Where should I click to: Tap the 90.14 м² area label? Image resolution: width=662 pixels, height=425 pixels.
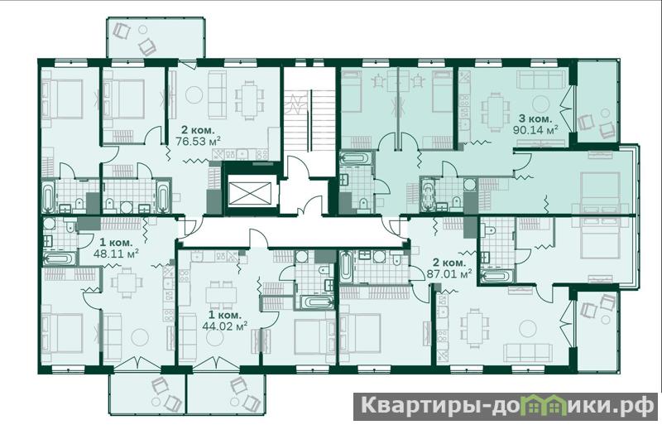pos(535,129)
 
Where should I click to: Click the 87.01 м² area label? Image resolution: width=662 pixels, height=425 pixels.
pos(449,273)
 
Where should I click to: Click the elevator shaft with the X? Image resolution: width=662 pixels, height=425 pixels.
pos(250,193)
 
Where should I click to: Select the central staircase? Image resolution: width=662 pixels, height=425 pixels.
pos(309,120)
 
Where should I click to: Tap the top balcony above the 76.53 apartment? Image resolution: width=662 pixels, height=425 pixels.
pos(156,38)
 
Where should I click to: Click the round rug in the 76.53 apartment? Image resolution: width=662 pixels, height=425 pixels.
pos(194,94)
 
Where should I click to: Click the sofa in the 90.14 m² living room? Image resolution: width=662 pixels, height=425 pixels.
pos(542,80)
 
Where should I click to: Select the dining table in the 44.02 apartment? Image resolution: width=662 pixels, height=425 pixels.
pos(221,294)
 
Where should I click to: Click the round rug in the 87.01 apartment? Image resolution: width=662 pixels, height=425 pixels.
pos(528,328)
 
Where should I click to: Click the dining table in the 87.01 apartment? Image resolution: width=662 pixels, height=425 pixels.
pos(473,327)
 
